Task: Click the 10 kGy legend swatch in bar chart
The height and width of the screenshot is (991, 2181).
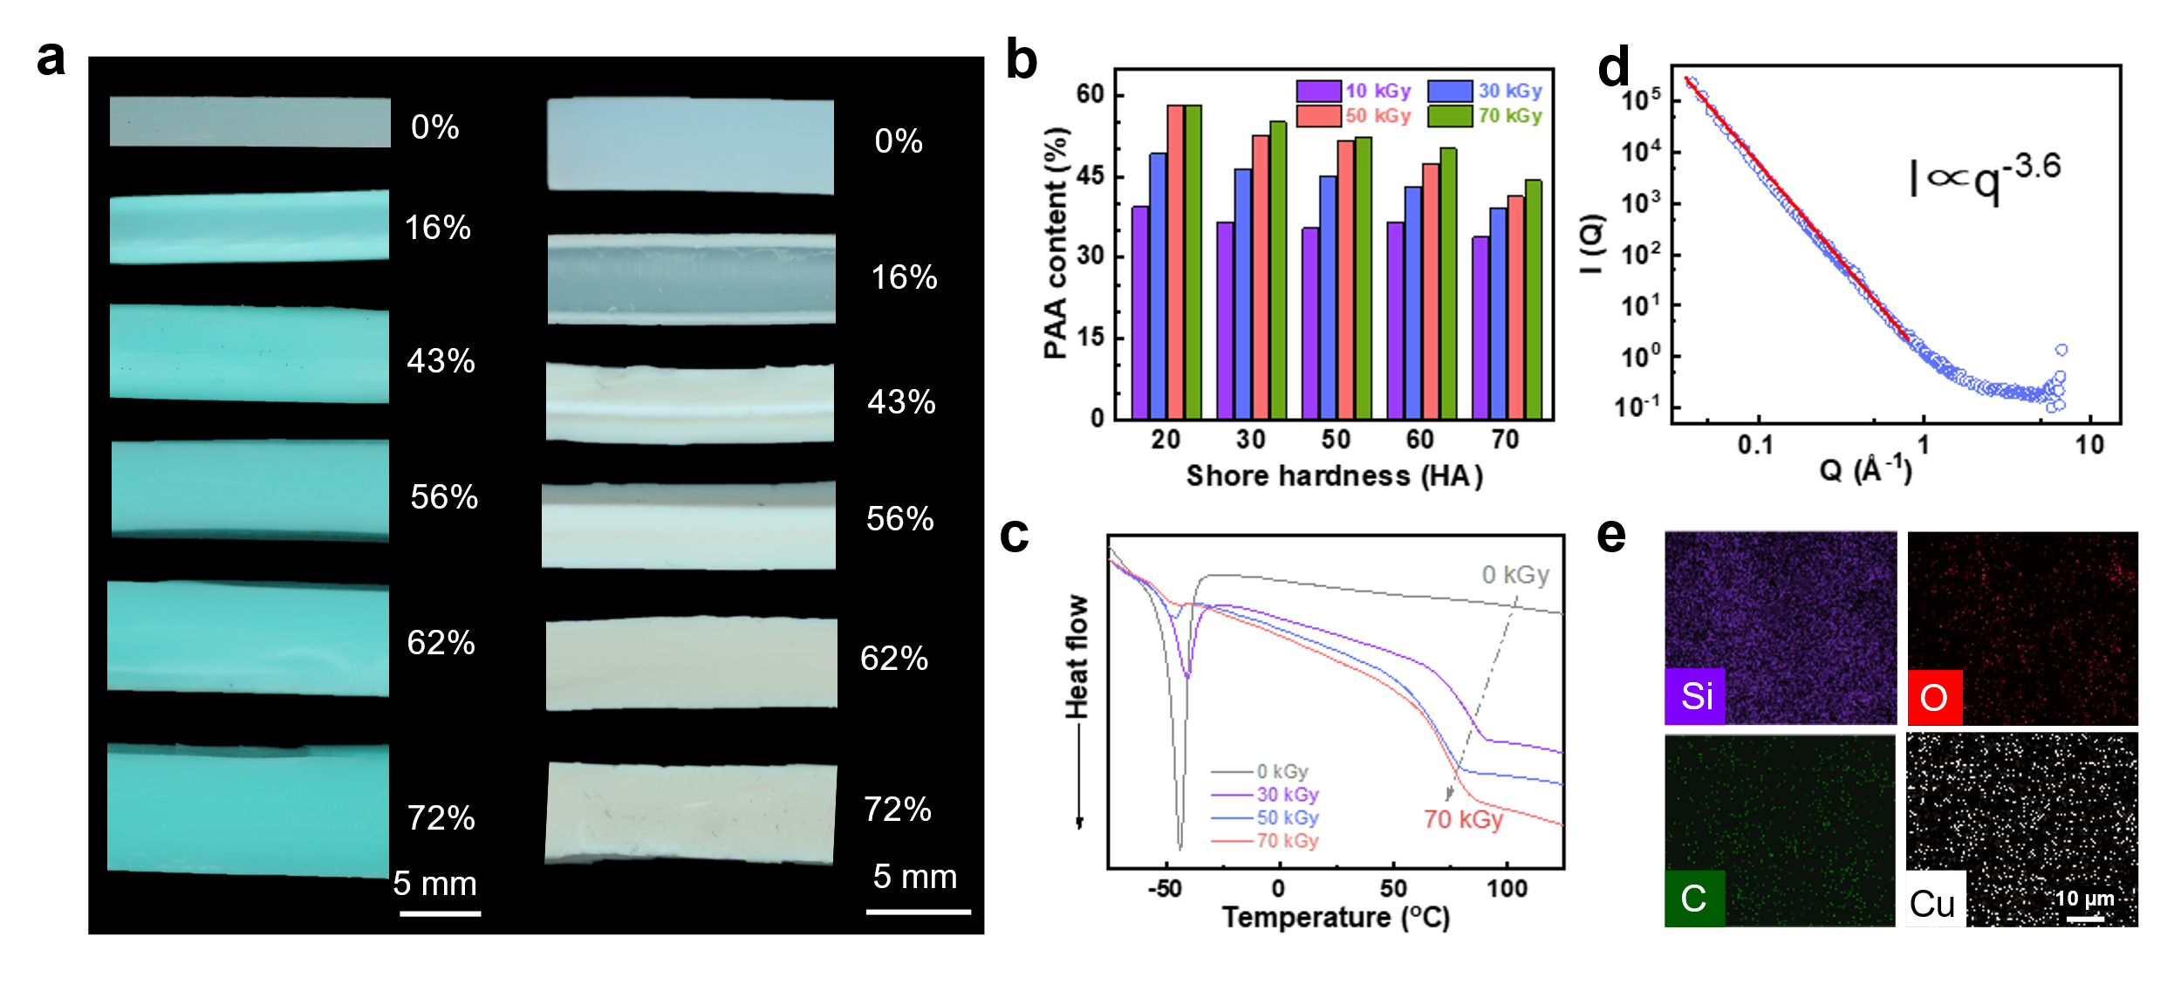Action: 1318,92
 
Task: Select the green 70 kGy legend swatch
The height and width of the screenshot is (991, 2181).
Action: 1450,115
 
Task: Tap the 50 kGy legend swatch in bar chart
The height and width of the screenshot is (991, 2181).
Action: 1318,115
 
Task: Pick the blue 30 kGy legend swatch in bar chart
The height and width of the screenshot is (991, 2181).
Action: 1450,92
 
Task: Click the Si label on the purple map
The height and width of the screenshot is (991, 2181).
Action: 1695,696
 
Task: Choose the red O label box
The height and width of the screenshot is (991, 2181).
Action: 1934,697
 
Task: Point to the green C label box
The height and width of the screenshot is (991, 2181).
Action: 1694,898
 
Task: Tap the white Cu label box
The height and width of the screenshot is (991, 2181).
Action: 1935,899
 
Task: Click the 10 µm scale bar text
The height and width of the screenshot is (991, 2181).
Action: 2084,899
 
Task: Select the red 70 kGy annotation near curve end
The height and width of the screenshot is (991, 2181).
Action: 1464,820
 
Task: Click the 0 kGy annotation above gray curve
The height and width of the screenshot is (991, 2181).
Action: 1515,574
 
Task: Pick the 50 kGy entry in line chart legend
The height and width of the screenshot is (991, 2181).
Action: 1287,817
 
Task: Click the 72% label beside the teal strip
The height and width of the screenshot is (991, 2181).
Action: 441,817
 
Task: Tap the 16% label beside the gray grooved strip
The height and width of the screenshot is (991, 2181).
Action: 904,277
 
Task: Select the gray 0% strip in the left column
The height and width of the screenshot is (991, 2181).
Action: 250,122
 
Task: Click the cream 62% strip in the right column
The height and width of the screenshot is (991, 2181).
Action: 691,663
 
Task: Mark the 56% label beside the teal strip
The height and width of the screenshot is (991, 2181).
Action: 444,497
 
